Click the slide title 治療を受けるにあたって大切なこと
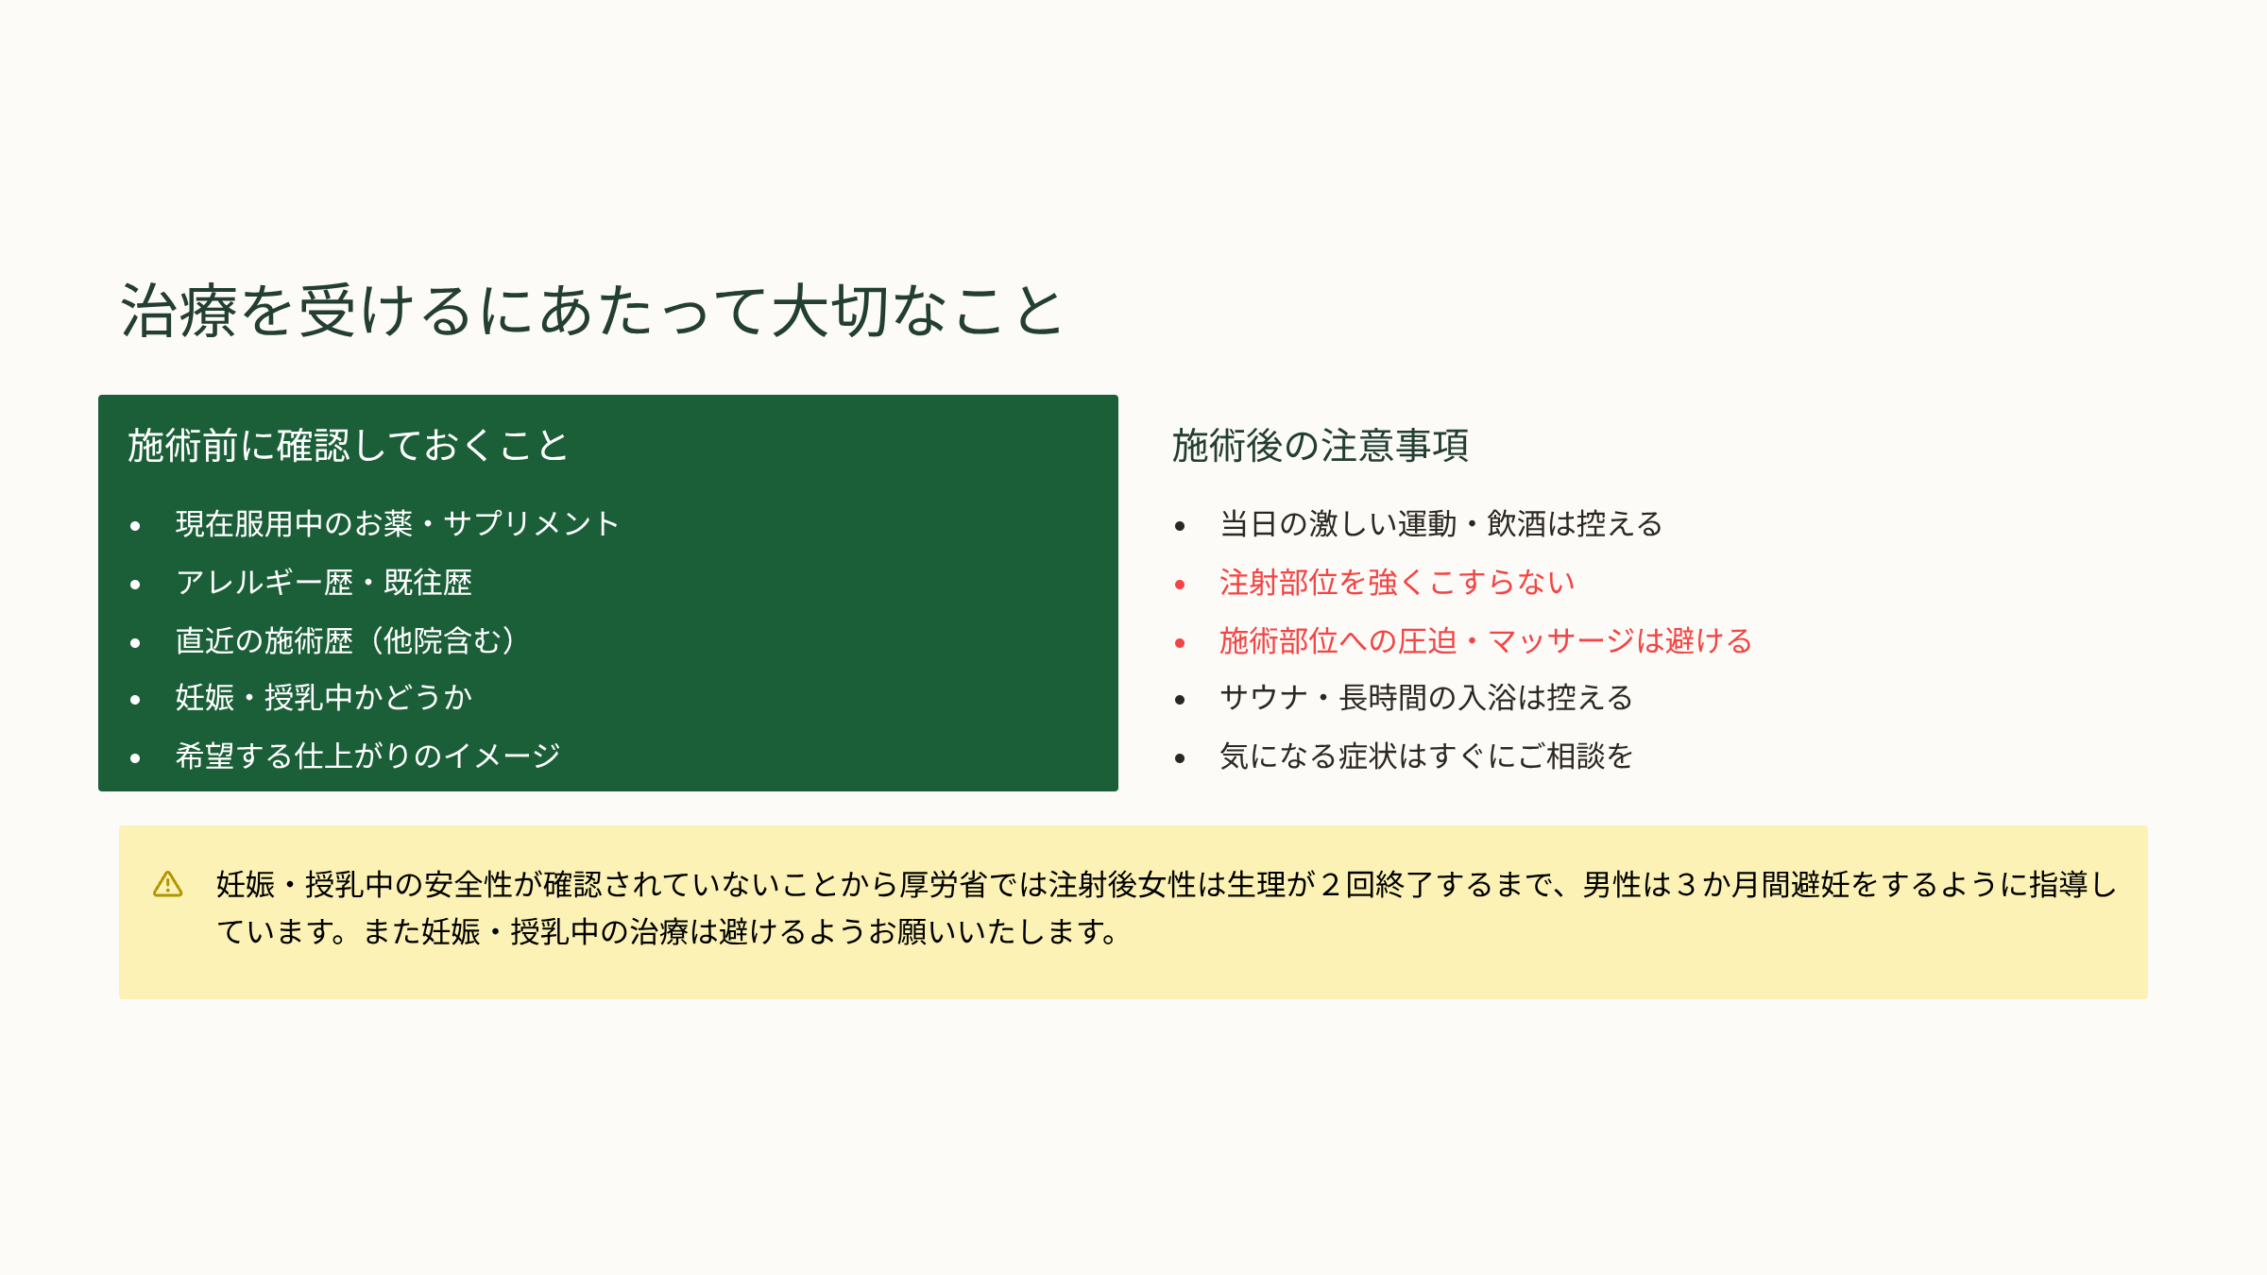(x=592, y=311)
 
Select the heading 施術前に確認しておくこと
(x=348, y=445)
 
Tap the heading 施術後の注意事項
(x=1321, y=445)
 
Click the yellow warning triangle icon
(x=168, y=884)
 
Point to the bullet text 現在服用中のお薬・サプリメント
(x=397, y=523)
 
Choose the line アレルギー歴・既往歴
(x=323, y=582)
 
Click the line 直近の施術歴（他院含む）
(x=346, y=640)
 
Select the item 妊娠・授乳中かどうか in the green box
(x=323, y=698)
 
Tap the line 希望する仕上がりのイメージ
(x=367, y=756)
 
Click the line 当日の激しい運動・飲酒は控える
(x=1440, y=523)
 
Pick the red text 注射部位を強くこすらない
(x=1397, y=582)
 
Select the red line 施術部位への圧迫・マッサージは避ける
(x=1486, y=640)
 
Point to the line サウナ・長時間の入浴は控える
(x=1426, y=698)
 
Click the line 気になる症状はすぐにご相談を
(x=1426, y=756)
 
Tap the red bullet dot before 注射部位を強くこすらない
(x=1180, y=585)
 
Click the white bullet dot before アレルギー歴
(x=135, y=585)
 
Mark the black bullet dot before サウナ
(x=1180, y=700)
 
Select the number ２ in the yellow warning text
(x=1330, y=885)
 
